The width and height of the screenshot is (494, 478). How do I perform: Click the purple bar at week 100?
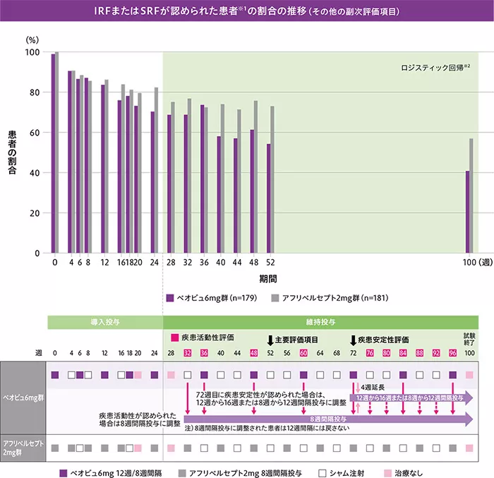click(467, 212)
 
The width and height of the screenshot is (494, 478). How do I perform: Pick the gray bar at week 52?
click(272, 179)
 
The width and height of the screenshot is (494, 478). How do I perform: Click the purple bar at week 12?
click(103, 169)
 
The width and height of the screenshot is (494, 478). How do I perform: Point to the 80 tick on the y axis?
click(34, 92)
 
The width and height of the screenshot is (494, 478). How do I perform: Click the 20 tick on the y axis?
click(34, 213)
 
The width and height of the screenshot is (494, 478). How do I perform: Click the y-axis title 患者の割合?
click(13, 153)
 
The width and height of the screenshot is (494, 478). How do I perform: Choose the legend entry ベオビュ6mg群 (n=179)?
click(212, 297)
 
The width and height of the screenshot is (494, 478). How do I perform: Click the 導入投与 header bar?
click(106, 321)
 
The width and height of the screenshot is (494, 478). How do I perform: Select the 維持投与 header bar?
click(320, 321)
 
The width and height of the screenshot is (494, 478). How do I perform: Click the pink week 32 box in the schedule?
click(187, 352)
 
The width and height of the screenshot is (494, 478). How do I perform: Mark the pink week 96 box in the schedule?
click(452, 352)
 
